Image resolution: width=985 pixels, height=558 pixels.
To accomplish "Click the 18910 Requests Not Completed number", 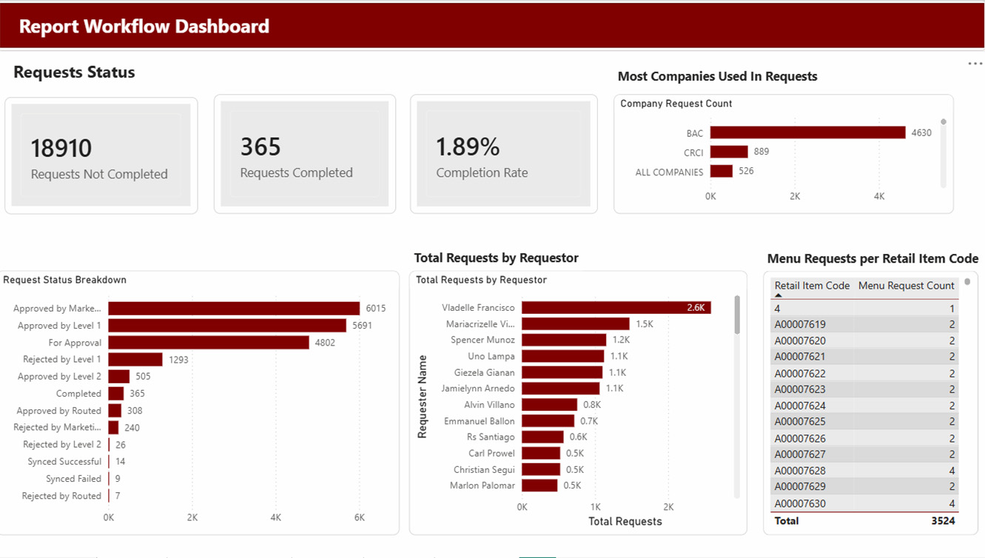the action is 61,148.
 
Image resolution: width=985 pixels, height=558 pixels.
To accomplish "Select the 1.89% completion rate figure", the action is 468,147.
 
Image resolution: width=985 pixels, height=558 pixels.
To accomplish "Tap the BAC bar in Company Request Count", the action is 808,132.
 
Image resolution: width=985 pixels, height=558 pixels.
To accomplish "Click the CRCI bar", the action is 729,152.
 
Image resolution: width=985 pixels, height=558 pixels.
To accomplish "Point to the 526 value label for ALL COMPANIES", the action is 746,171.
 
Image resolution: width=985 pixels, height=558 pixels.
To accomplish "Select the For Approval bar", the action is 209,343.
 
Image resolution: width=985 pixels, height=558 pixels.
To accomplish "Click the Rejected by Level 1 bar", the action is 135,359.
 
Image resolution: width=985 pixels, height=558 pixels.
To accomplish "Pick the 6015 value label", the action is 375,309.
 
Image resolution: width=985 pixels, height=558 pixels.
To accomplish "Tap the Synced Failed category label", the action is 73,478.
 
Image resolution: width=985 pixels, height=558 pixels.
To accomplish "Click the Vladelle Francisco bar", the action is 616,307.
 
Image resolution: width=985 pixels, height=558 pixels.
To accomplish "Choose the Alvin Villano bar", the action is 550,405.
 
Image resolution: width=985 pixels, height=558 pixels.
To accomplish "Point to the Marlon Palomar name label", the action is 482,485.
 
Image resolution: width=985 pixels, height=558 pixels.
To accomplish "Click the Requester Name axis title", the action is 422,397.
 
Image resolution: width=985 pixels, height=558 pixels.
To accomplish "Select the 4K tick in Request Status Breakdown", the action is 276,517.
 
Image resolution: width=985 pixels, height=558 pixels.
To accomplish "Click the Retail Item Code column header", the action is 812,286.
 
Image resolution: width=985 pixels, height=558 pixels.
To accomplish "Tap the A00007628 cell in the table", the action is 800,471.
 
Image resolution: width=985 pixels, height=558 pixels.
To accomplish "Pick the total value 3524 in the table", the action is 944,521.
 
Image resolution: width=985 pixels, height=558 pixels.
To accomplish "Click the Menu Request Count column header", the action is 907,286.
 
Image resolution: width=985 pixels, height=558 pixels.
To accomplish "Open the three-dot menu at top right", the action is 975,64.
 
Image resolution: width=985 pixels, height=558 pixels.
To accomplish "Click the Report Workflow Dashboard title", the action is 144,27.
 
